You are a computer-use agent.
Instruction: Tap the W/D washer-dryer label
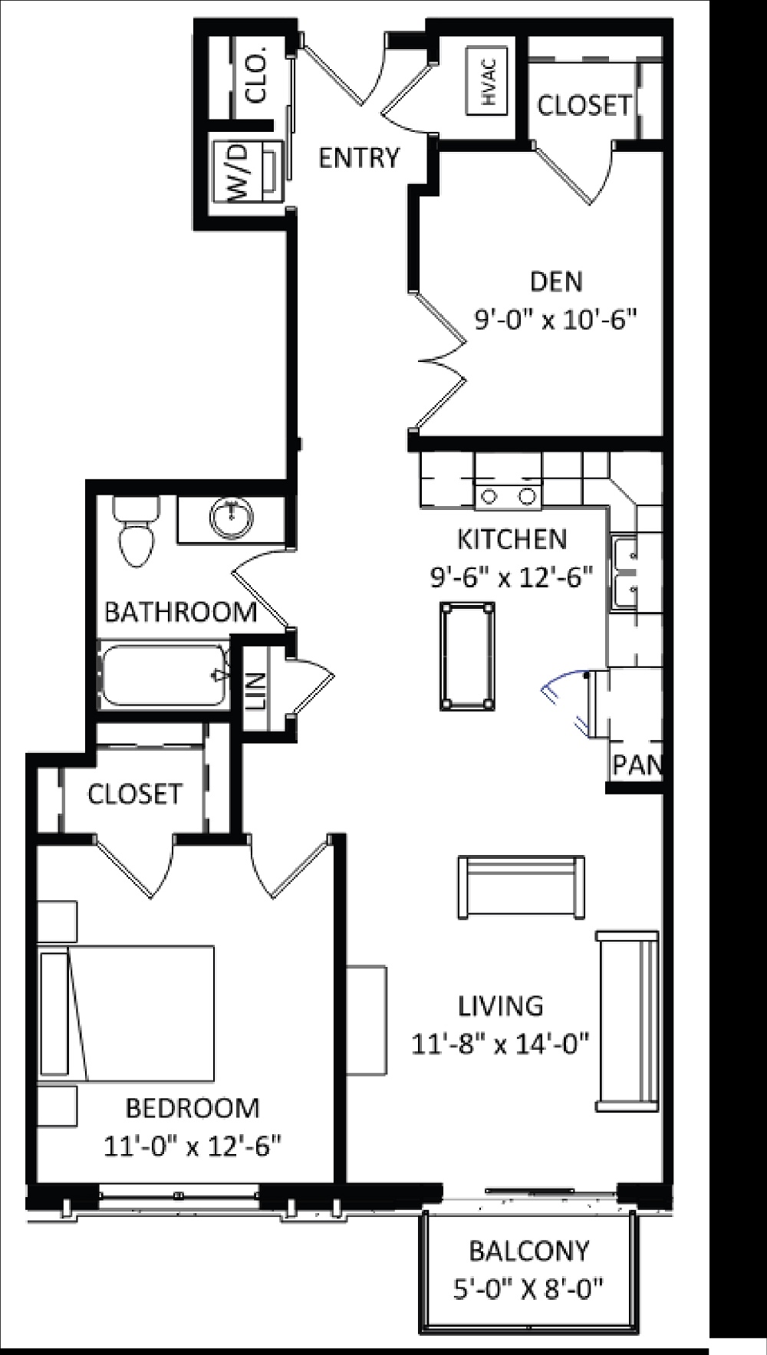point(239,172)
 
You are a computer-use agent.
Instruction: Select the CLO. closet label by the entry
point(256,74)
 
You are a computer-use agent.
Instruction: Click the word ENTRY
point(359,158)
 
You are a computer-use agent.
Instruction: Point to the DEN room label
point(556,281)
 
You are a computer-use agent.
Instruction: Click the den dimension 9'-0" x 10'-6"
point(557,319)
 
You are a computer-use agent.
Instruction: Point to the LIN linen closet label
point(255,690)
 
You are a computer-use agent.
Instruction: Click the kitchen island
point(466,656)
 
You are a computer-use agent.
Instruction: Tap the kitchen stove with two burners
point(508,494)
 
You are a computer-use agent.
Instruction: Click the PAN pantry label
point(635,765)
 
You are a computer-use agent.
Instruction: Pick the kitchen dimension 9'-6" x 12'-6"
point(512,576)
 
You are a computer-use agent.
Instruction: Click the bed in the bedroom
point(127,1012)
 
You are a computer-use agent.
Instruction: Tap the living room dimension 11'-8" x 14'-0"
point(500,1044)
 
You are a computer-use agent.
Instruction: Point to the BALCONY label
point(529,1251)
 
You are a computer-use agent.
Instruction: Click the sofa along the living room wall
point(627,1021)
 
